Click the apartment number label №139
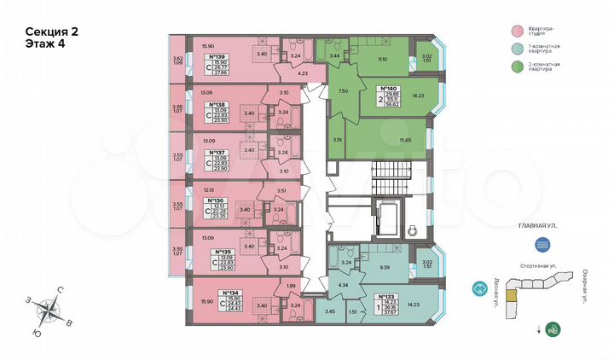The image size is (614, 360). click(216, 57)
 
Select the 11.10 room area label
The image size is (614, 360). click(382, 59)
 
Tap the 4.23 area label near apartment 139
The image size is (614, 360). click(304, 74)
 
